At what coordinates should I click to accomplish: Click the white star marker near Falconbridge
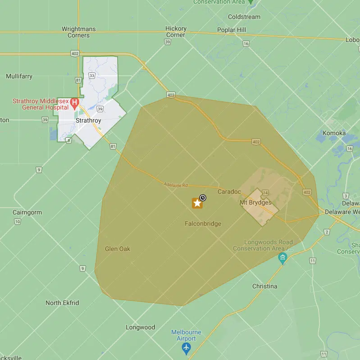[x=197, y=203]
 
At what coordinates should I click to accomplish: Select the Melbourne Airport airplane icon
[x=186, y=348]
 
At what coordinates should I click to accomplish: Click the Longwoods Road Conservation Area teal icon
[x=283, y=258]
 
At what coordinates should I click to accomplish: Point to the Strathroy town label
[x=88, y=121]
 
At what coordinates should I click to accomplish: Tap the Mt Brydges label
[x=255, y=202]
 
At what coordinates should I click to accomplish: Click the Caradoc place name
[x=229, y=191]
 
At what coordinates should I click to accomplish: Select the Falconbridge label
[x=203, y=223]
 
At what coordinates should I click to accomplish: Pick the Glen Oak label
[x=118, y=249]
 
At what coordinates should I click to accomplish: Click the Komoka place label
[x=334, y=133]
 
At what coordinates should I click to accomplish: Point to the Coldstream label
[x=244, y=17]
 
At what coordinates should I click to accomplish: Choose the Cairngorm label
[x=27, y=212]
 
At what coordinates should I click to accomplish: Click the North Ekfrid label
[x=62, y=303]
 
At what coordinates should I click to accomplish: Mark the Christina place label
[x=265, y=286]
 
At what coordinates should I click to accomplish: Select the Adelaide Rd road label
[x=176, y=185]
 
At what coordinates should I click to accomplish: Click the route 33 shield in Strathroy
[x=92, y=76]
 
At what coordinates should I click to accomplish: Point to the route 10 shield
[x=18, y=221]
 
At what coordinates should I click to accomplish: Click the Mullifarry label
[x=19, y=76]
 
